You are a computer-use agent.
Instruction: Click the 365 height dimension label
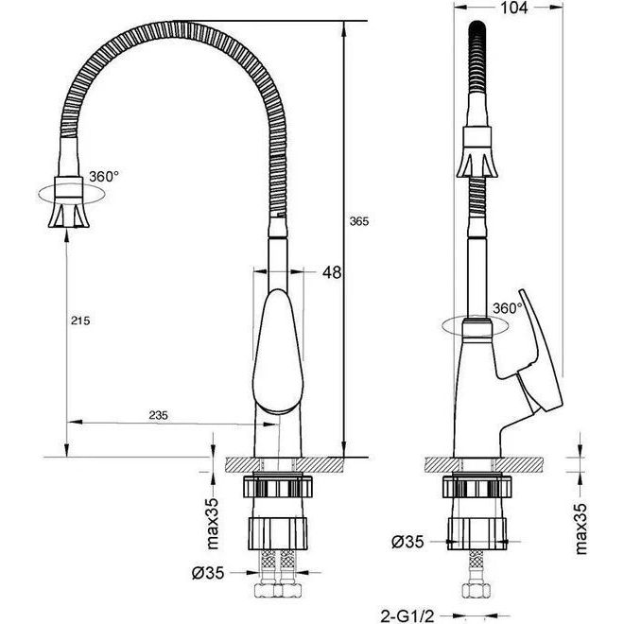(x=359, y=221)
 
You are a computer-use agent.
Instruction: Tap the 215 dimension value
(x=80, y=321)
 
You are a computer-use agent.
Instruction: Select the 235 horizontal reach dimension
(x=159, y=415)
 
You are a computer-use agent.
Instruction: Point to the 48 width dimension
(x=332, y=272)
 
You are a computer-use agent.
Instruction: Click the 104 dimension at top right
(x=513, y=8)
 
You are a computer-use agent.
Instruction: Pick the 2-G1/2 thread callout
(x=407, y=617)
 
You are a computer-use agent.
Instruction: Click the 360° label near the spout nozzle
(x=104, y=176)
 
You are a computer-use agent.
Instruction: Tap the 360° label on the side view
(x=508, y=308)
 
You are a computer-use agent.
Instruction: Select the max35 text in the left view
(x=213, y=524)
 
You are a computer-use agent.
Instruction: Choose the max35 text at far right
(x=581, y=529)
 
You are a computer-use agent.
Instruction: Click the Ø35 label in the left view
(x=208, y=573)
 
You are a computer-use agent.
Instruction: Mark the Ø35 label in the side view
(x=407, y=542)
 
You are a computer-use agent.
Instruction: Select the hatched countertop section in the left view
(x=284, y=465)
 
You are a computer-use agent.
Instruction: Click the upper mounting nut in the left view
(x=278, y=486)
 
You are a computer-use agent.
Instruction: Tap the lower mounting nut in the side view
(x=477, y=534)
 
